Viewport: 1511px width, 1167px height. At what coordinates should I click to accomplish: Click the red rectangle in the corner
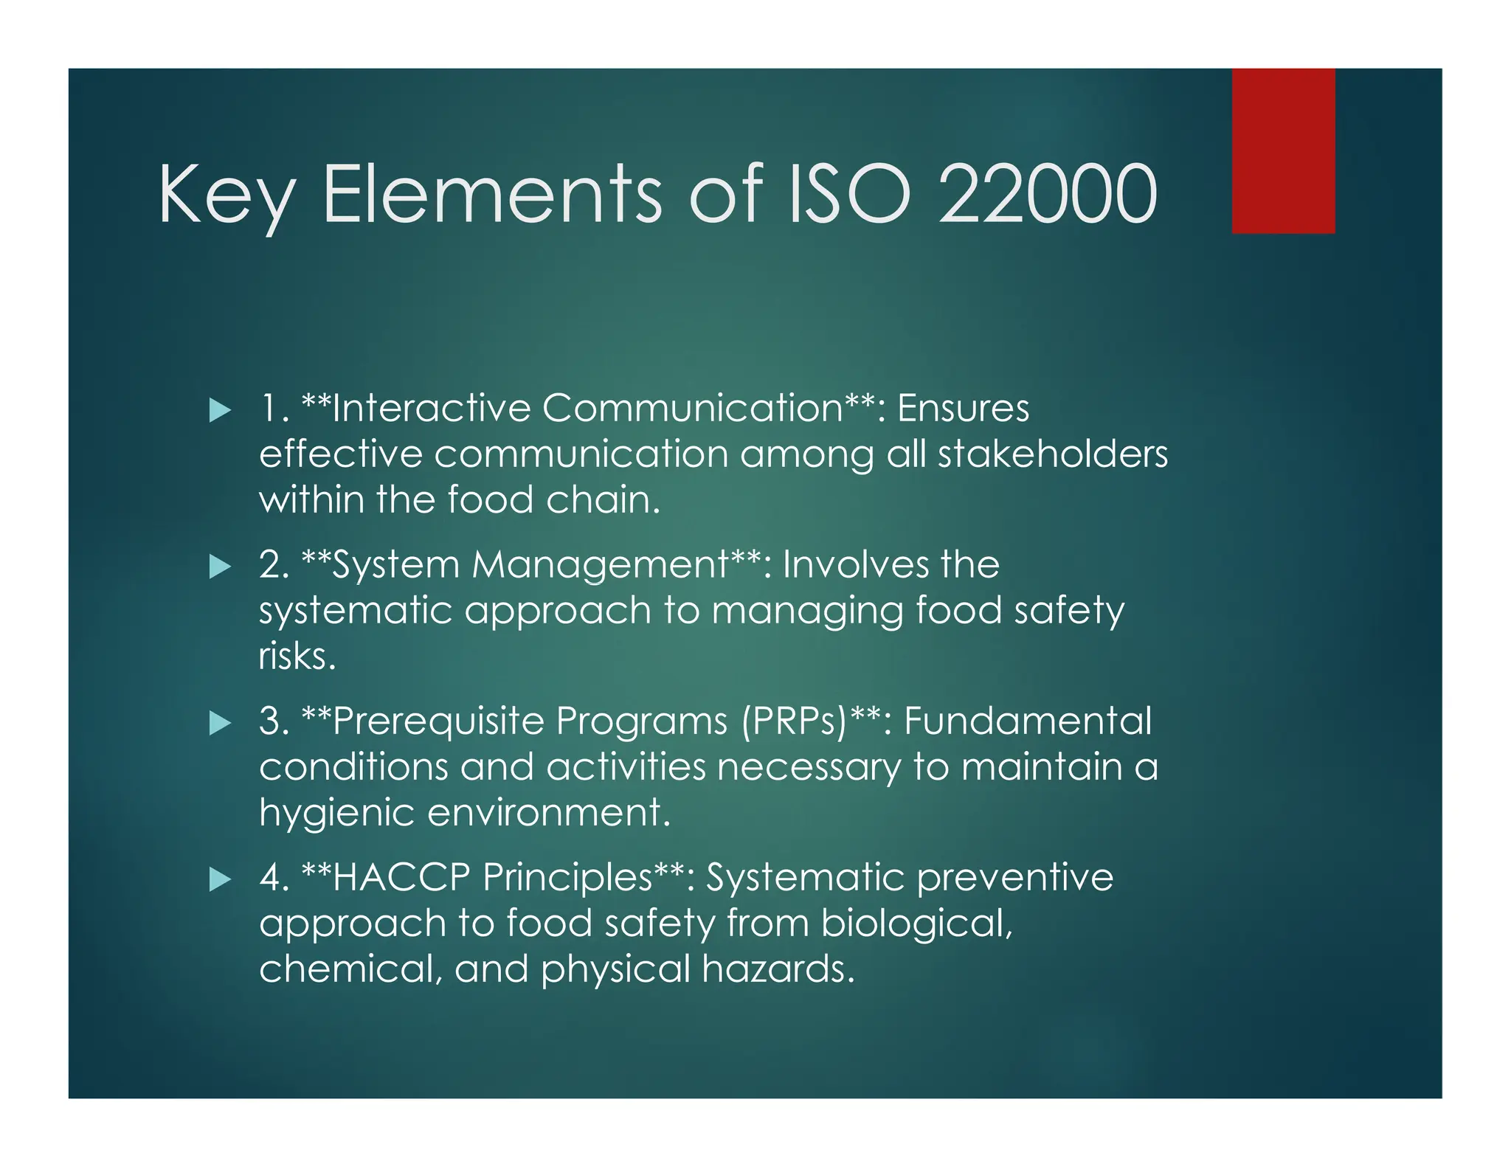tap(1282, 150)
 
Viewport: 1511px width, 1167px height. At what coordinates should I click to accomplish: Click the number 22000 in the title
tap(1048, 195)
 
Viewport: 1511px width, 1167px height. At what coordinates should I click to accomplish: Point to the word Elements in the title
tap(492, 195)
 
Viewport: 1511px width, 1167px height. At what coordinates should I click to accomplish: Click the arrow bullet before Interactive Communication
tap(220, 410)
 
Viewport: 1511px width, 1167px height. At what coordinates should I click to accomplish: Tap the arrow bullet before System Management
tap(220, 567)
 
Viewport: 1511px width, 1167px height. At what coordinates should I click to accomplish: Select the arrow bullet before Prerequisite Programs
tap(220, 723)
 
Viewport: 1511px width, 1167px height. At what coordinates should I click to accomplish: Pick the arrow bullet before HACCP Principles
tap(220, 879)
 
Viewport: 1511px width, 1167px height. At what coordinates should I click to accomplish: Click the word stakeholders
tap(1053, 454)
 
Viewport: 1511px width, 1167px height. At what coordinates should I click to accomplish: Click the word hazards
tap(778, 969)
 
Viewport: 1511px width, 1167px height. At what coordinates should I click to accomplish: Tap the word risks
tap(297, 657)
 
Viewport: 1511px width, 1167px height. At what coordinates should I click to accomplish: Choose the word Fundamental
tap(1027, 721)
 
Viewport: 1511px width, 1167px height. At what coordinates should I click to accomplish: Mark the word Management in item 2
tap(601, 566)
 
